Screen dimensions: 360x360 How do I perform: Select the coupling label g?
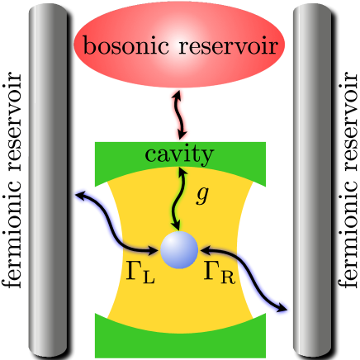pyautogui.click(x=202, y=196)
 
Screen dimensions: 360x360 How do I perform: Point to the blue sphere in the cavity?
pyautogui.click(x=179, y=249)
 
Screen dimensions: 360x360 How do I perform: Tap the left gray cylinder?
pyautogui.click(x=46, y=180)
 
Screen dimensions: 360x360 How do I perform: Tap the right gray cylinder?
pyautogui.click(x=313, y=180)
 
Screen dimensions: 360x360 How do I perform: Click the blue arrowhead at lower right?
pyautogui.click(x=286, y=307)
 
